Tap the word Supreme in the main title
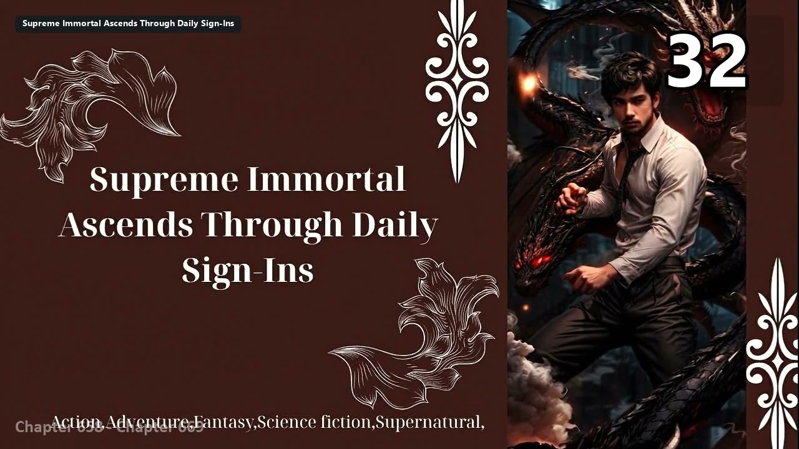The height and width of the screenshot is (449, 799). coord(164,180)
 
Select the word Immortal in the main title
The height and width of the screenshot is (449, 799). coord(326,180)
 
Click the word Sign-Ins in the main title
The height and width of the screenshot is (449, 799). coord(248,271)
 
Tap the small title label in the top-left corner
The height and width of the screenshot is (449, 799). coord(128,24)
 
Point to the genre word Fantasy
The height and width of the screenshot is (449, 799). coord(223,422)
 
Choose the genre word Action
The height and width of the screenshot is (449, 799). coord(75,422)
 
